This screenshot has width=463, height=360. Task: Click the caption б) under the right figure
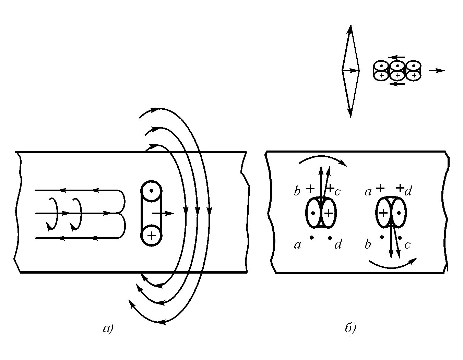350,328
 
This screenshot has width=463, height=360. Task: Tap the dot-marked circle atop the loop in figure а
151,191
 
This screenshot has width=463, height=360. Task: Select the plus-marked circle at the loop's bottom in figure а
151,236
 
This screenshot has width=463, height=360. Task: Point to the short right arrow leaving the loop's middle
164,213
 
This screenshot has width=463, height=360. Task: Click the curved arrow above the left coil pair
322,159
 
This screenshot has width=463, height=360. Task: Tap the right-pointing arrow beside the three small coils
437,71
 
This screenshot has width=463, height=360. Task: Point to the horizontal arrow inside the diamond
351,71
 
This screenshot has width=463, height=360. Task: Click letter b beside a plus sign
297,191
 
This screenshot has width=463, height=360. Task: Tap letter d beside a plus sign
408,191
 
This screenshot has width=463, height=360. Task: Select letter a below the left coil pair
297,244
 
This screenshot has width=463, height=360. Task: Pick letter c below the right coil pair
407,244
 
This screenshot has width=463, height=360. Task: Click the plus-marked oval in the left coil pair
329,213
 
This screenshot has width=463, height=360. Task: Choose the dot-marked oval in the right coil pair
399,213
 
